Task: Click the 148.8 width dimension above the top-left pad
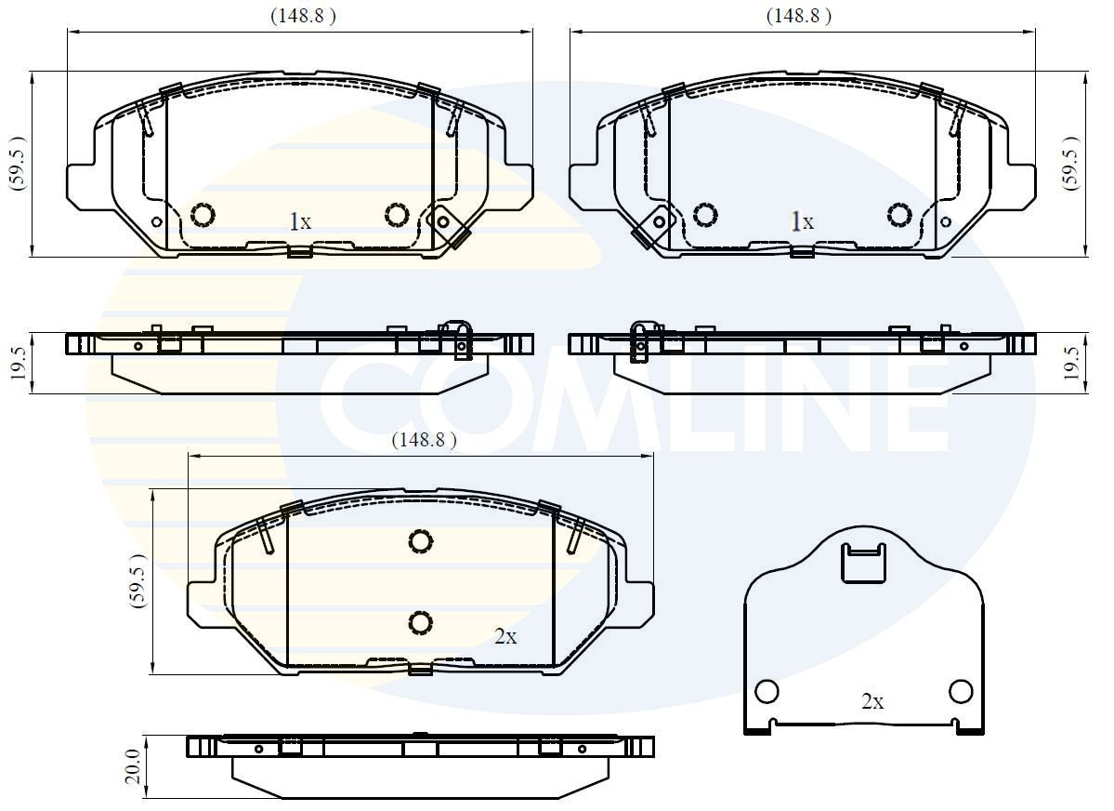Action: [x=303, y=16]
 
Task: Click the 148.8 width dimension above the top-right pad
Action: [x=797, y=16]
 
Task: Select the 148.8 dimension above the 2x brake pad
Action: [x=424, y=441]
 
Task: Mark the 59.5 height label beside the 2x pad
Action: [x=138, y=580]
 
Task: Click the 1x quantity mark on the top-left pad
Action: [x=299, y=221]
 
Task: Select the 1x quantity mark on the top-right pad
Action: [x=801, y=221]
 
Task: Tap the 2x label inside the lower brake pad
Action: [x=505, y=636]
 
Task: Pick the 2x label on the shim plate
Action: [x=872, y=702]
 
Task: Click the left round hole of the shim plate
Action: [x=767, y=692]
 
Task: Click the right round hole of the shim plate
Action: [x=961, y=691]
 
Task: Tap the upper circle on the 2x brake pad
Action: [x=420, y=541]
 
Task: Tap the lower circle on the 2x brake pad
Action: [x=420, y=622]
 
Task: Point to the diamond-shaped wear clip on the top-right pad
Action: [x=657, y=223]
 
